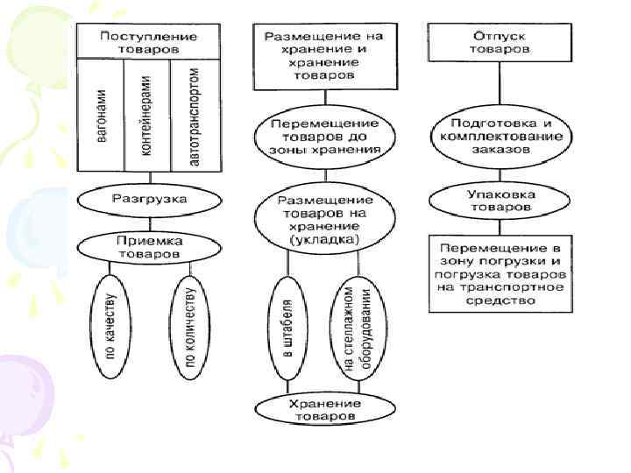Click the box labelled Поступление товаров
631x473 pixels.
pyautogui.click(x=148, y=42)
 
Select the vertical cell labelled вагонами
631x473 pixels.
pyautogui.click(x=103, y=117)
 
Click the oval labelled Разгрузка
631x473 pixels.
pyautogui.click(x=148, y=200)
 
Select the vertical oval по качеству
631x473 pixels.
pyautogui.click(x=110, y=326)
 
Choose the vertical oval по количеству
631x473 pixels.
pyautogui.click(x=190, y=326)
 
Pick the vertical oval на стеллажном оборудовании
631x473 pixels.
pyautogui.click(x=356, y=328)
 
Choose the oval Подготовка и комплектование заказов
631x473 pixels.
pyautogui.click(x=500, y=137)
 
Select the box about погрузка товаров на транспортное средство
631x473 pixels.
pyautogui.click(x=500, y=272)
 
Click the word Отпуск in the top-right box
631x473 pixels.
pyautogui.click(x=500, y=36)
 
